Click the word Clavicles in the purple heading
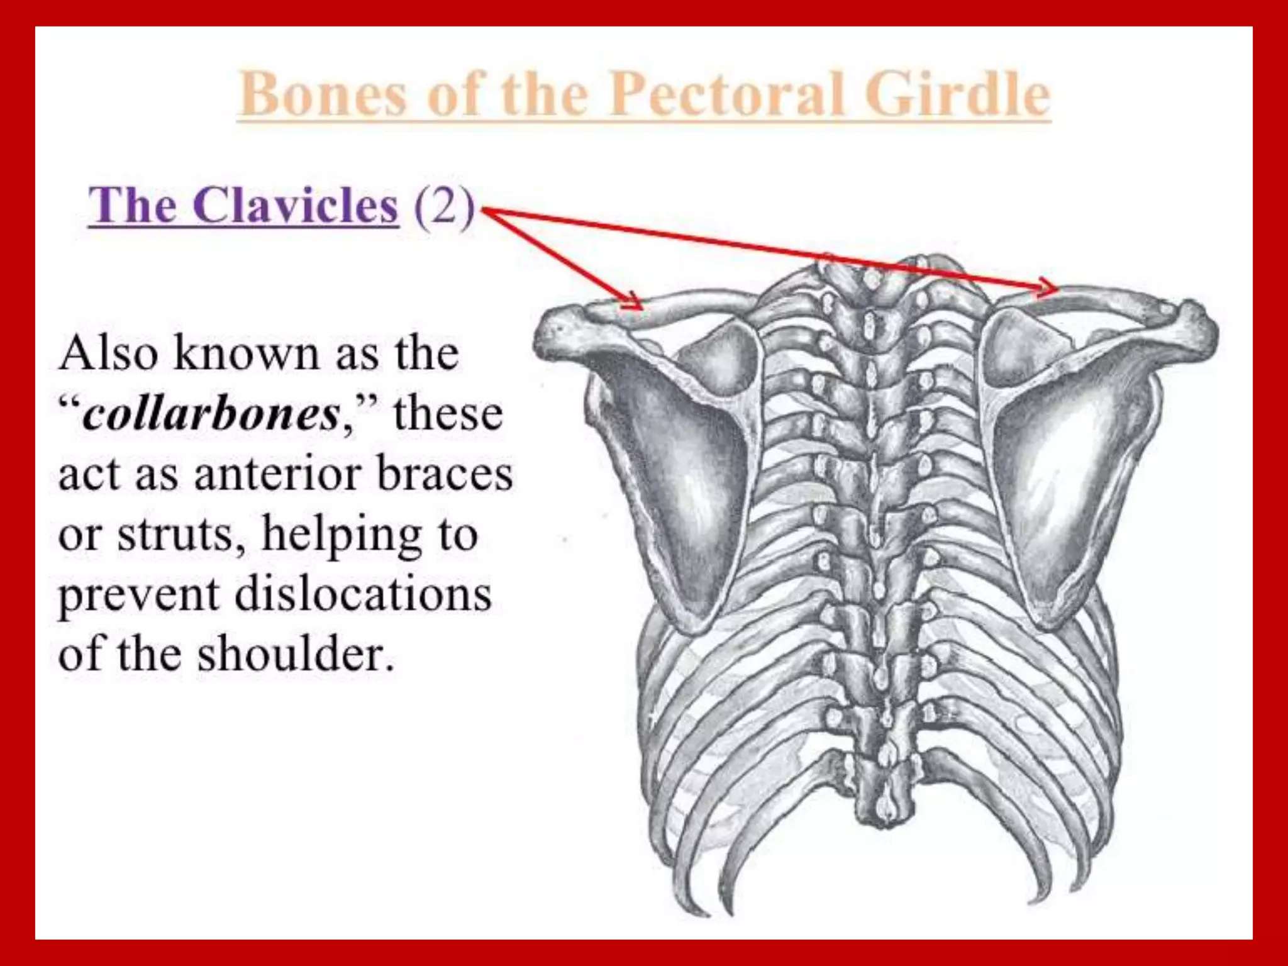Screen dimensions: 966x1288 (x=296, y=206)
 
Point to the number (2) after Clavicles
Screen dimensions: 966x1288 (x=444, y=206)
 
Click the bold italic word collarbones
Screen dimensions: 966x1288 (x=211, y=415)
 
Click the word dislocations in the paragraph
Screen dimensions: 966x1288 (x=363, y=594)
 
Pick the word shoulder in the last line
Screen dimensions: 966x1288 (x=296, y=654)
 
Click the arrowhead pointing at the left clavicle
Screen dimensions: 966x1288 (x=631, y=303)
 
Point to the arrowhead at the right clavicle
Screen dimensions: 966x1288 (x=1048, y=288)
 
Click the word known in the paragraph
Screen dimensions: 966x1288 (x=245, y=354)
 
